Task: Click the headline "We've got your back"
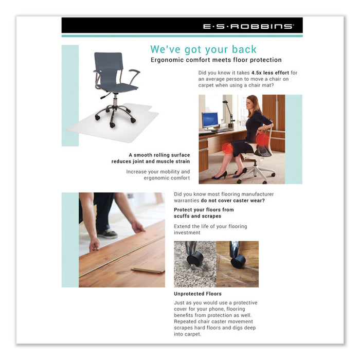pos(203,49)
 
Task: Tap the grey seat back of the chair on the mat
pos(109,65)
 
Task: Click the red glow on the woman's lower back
pos(262,139)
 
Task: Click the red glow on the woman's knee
pos(227,149)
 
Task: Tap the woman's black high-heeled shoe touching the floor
pos(220,175)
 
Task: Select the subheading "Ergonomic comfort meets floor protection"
pos(216,60)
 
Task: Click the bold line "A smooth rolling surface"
pos(159,155)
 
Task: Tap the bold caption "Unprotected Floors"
pos(198,294)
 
